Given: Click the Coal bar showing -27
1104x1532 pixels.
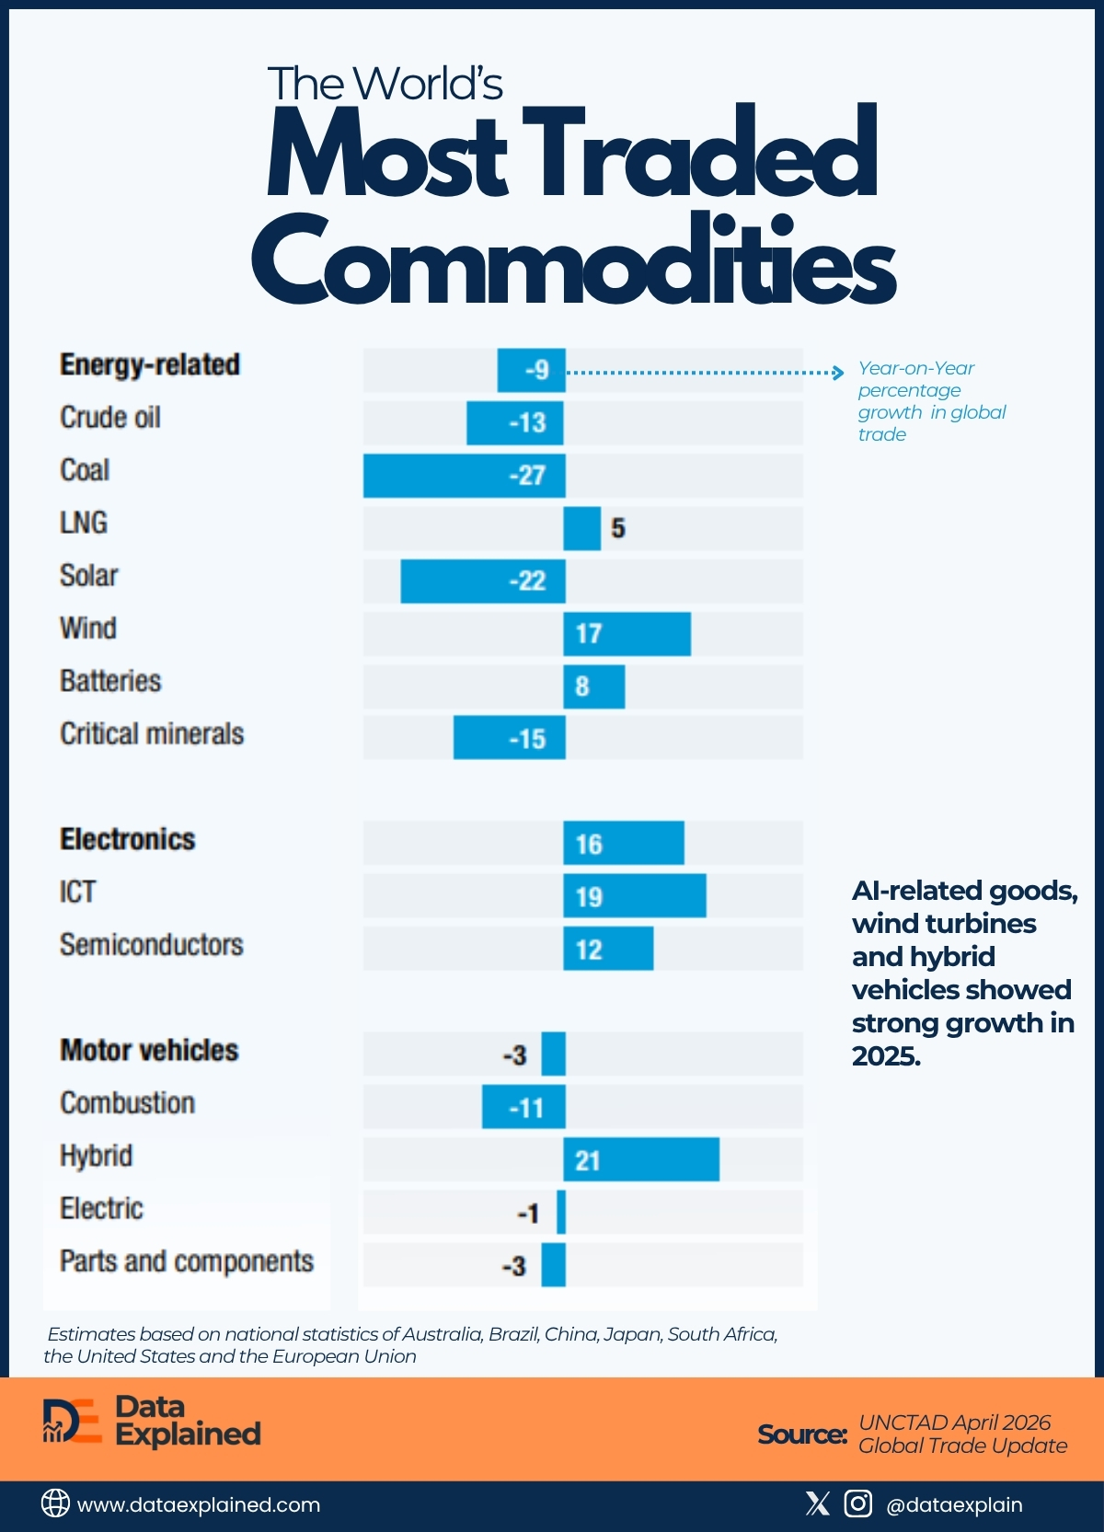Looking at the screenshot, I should click(x=464, y=476).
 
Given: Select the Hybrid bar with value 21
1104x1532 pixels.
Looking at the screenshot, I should click(x=641, y=1159).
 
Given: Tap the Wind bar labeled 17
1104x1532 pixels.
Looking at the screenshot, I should click(x=627, y=634).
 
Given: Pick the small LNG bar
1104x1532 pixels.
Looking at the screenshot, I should click(x=581, y=528).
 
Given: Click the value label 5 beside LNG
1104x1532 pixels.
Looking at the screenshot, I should click(x=618, y=528).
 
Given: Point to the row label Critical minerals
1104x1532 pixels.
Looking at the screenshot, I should click(x=152, y=734).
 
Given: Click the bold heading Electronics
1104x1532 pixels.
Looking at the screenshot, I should click(x=128, y=839).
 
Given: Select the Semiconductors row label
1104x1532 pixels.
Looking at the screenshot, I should click(x=152, y=945).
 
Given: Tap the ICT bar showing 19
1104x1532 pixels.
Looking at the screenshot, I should click(x=635, y=896).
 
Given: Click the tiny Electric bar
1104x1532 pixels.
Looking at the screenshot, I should click(x=561, y=1213).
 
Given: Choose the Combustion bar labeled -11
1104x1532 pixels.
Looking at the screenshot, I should click(x=523, y=1107).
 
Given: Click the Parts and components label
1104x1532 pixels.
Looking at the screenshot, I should click(x=187, y=1261).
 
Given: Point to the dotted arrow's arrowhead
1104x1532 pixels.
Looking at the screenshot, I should click(x=838, y=373).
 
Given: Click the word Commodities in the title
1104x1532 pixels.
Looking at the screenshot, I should click(x=573, y=260).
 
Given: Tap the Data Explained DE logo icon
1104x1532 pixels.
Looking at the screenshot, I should click(x=71, y=1422).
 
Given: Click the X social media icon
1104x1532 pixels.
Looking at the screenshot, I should click(x=817, y=1503).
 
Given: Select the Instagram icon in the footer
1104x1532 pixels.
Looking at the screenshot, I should click(x=857, y=1503).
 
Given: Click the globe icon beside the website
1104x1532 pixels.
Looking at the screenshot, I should click(x=55, y=1503).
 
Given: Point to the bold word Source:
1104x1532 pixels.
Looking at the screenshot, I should click(x=801, y=1434).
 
